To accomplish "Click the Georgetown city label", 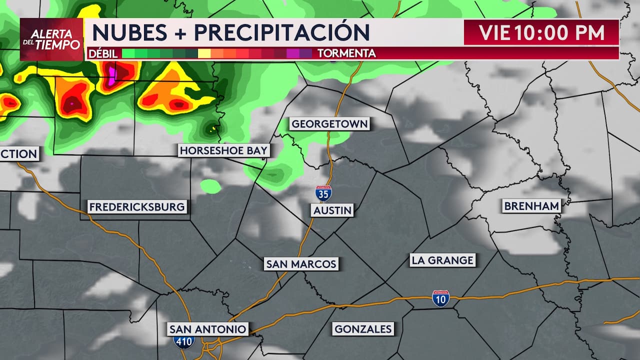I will tap(329, 124).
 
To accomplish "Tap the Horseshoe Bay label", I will tap(223, 150).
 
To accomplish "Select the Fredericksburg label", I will tap(137, 206).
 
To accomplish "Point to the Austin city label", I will tap(332, 210).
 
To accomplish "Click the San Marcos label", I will tap(301, 264).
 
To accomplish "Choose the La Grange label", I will tap(442, 260).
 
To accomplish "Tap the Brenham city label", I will tap(531, 206).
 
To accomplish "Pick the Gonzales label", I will tap(363, 329).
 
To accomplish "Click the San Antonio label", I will tap(207, 329).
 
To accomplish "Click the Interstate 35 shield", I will tap(323, 193).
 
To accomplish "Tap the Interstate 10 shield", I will tap(440, 298).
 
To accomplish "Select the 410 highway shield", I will tap(184, 342).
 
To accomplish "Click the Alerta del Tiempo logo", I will tap(51, 39).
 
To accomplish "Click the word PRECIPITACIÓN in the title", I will tap(282, 32).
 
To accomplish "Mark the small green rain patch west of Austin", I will tap(210, 186).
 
